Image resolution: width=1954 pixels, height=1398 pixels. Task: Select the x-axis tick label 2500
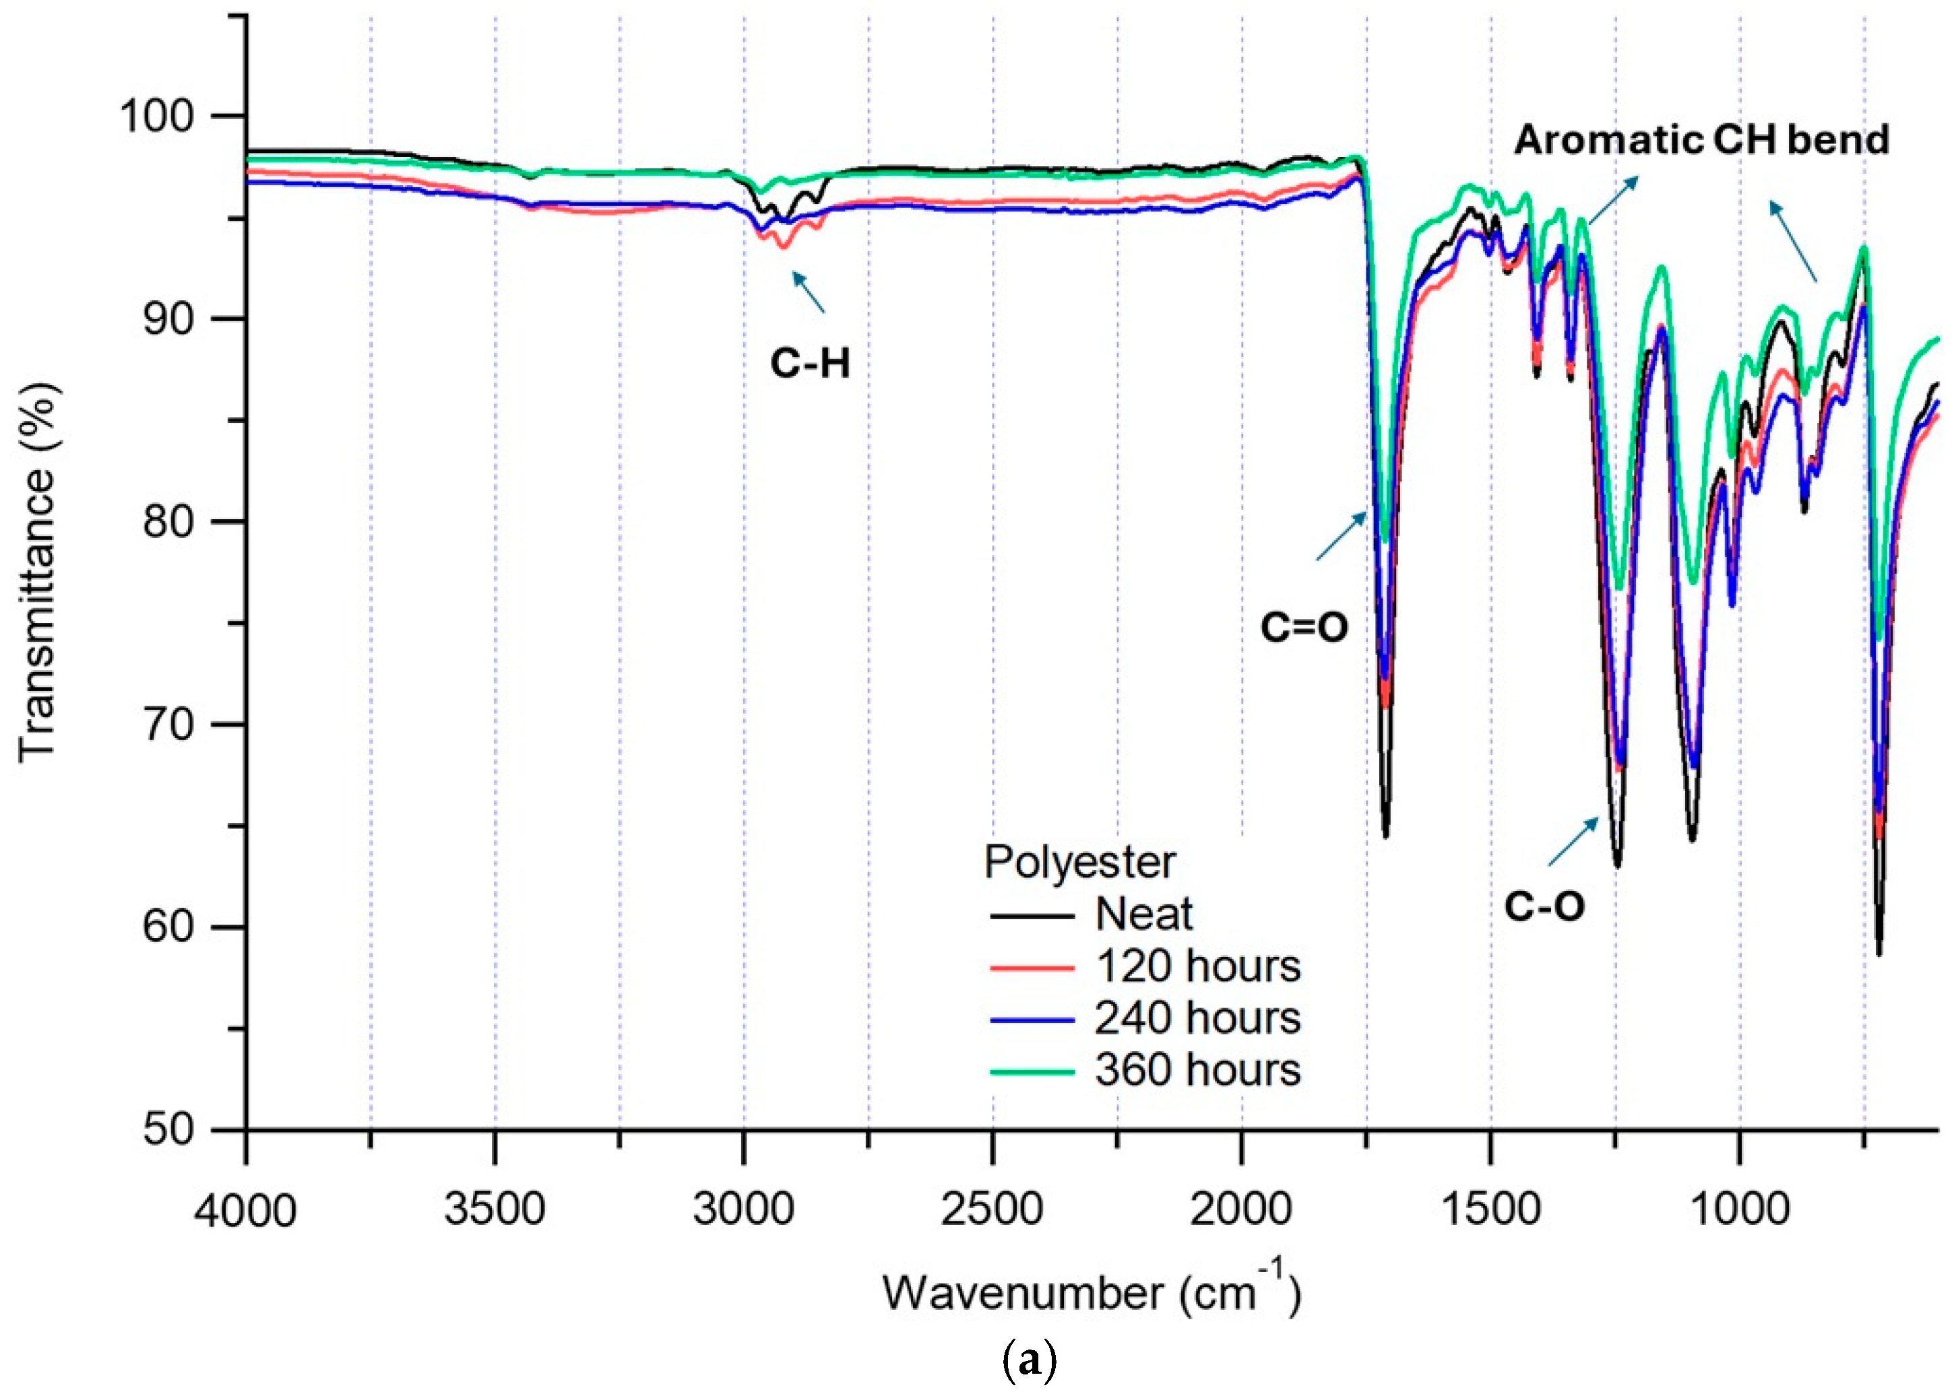click(992, 1209)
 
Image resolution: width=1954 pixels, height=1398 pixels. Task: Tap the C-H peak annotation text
click(809, 364)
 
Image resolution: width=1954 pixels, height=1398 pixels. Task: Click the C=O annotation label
click(1304, 628)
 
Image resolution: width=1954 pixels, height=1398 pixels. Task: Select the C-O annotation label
click(1544, 906)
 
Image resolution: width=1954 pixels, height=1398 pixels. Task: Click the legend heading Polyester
click(1079, 862)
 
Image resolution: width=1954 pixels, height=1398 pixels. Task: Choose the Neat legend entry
click(1143, 914)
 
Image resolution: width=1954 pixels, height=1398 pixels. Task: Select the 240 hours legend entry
click(1197, 1018)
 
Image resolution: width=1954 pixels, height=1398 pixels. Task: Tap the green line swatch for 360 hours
click(1032, 1072)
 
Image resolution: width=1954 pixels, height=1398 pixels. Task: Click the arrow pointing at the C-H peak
click(809, 292)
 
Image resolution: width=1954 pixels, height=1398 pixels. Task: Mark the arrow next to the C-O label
click(1573, 841)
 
